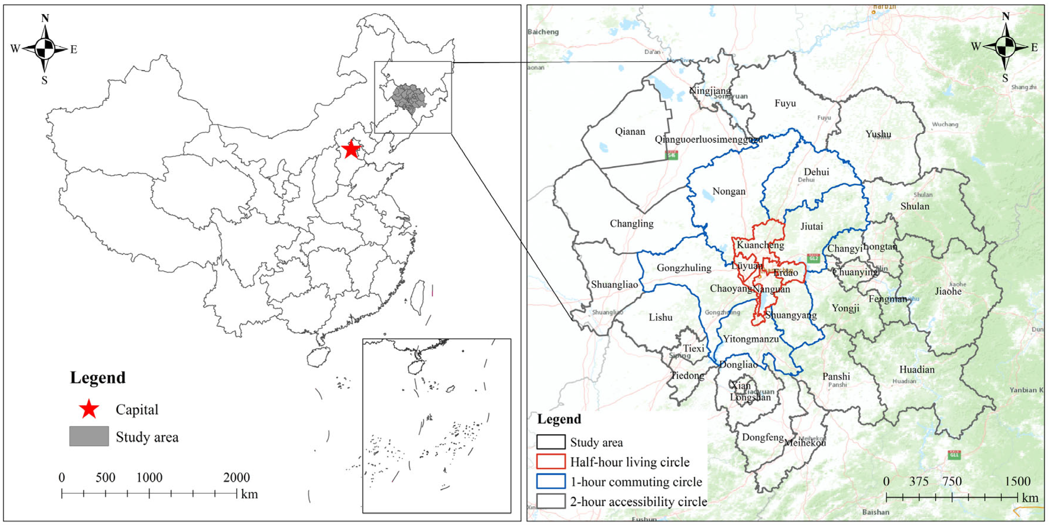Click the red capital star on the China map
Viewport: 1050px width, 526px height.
pos(351,149)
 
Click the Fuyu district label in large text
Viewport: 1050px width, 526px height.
pos(785,103)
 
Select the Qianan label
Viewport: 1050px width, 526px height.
pos(630,131)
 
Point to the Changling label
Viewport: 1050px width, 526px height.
pos(631,224)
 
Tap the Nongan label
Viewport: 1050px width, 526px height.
pos(729,191)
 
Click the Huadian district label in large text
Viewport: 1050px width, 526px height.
pos(917,369)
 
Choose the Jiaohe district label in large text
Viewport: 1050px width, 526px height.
pos(948,291)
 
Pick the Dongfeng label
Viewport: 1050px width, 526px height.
pos(762,437)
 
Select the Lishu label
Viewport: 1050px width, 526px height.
pos(660,317)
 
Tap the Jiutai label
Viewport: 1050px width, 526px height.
pos(811,226)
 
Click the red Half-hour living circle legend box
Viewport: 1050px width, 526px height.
pos(551,462)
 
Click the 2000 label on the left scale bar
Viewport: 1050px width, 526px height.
pos(236,477)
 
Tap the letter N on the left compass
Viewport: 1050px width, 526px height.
pos(45,18)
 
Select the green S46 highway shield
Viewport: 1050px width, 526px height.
pos(671,155)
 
